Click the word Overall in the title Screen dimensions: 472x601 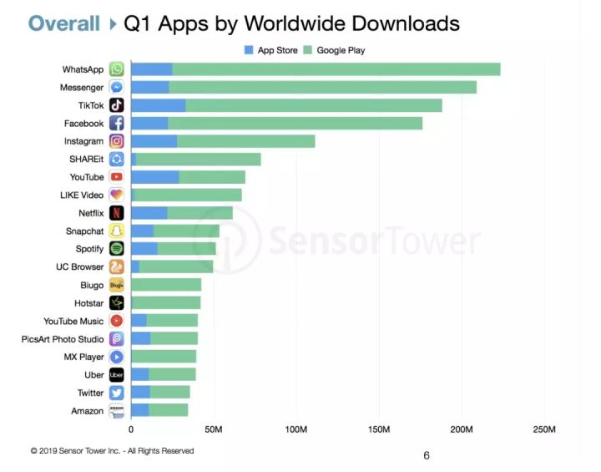coord(63,23)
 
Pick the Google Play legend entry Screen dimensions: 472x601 coord(337,50)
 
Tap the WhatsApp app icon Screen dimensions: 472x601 coord(117,69)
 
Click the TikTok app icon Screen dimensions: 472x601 coord(117,105)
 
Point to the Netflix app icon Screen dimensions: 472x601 coord(117,213)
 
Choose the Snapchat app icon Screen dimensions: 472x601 coord(117,231)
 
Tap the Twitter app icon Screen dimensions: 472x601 coord(117,393)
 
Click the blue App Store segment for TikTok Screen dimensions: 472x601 coord(158,105)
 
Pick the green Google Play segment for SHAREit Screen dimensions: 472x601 coord(198,159)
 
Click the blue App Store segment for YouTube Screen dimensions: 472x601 coord(154,177)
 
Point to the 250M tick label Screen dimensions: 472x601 coord(543,429)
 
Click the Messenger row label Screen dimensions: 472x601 coord(82,88)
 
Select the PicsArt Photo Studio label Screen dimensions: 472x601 coord(63,339)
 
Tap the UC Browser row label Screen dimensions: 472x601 coord(80,267)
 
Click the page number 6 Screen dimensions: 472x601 coord(427,455)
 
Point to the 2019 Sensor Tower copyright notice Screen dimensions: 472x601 coord(112,451)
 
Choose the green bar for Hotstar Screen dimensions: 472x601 coord(166,303)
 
